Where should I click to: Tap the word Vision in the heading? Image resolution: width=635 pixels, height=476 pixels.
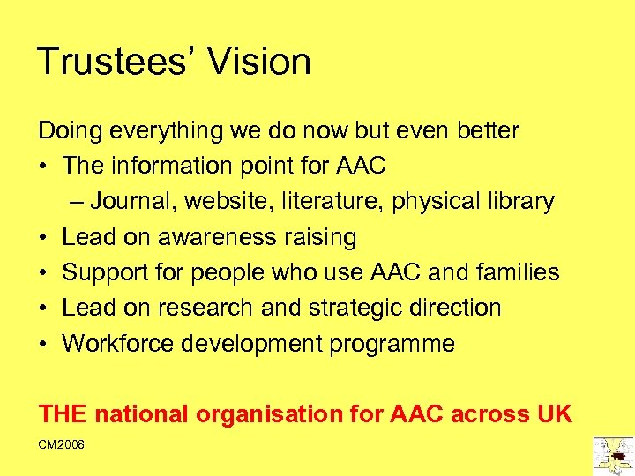(x=259, y=62)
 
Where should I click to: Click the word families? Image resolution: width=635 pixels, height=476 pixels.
(x=519, y=272)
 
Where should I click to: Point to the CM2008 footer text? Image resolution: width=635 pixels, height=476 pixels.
(x=62, y=445)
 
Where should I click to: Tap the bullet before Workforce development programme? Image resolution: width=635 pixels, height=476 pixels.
(x=43, y=344)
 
